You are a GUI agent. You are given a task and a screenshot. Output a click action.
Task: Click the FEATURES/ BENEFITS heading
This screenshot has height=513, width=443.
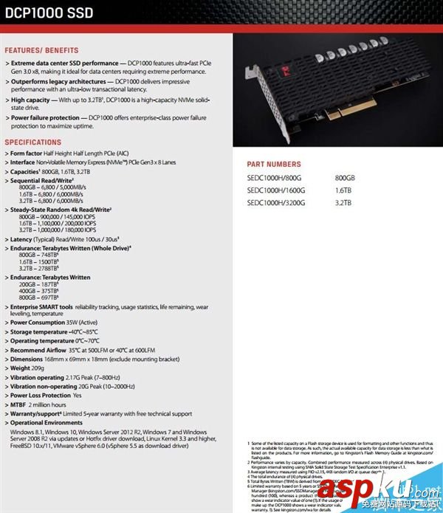click(x=41, y=50)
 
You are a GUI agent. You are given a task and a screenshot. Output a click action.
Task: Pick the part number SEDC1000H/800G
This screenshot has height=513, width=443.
click(x=275, y=178)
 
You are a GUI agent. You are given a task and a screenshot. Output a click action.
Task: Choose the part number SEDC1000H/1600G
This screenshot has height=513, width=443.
click(x=277, y=190)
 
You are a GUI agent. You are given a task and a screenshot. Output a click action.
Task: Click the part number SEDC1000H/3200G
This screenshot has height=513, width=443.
click(x=277, y=202)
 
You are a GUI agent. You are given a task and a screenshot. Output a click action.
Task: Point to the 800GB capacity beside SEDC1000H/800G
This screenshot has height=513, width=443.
click(x=345, y=178)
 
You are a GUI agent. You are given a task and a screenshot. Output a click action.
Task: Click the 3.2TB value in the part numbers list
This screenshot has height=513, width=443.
click(x=342, y=202)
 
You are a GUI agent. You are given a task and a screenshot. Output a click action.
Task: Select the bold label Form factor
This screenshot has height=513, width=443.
click(x=30, y=153)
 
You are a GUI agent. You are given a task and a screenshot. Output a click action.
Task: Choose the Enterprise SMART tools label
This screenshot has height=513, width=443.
click(x=41, y=306)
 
